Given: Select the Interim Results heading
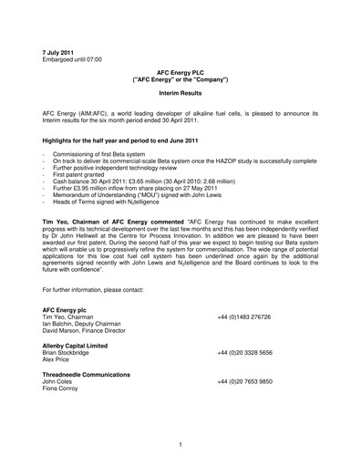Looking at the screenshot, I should pos(180,99).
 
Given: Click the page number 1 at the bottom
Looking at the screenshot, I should pos(181,444).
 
